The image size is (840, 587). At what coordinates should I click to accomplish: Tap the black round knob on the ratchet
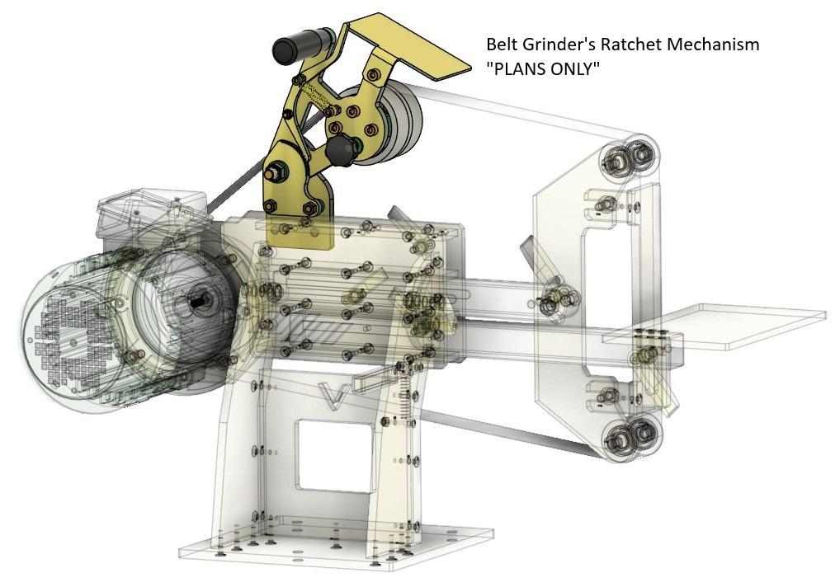[341, 150]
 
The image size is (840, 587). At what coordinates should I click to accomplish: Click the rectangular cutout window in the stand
[335, 455]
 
